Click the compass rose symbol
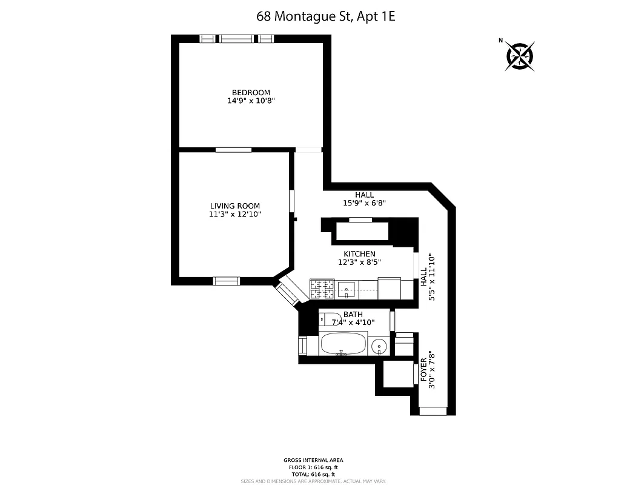pyautogui.click(x=520, y=56)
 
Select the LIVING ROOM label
pyautogui.click(x=235, y=206)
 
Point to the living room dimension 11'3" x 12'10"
pyautogui.click(x=235, y=215)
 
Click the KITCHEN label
pyautogui.click(x=359, y=254)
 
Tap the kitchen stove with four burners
pyautogui.click(x=322, y=289)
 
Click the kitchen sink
pyautogui.click(x=347, y=289)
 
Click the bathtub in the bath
pyautogui.click(x=343, y=344)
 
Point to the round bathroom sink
pyautogui.click(x=379, y=346)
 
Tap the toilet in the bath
pyautogui.click(x=330, y=319)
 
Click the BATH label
pyautogui.click(x=353, y=315)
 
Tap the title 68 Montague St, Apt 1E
pyautogui.click(x=326, y=16)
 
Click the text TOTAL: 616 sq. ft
pyautogui.click(x=313, y=475)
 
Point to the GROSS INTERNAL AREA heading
pyautogui.click(x=313, y=461)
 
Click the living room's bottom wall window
pyautogui.click(x=226, y=281)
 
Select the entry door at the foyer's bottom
pyautogui.click(x=433, y=411)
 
